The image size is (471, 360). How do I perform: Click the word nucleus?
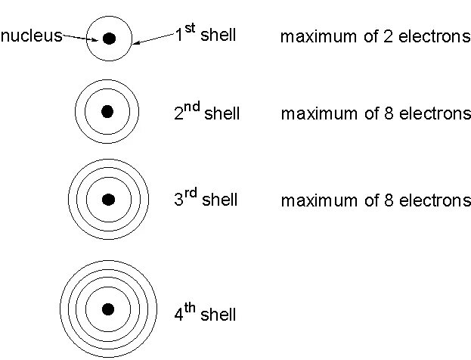click(x=31, y=36)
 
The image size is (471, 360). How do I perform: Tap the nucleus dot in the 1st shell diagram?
click(x=110, y=38)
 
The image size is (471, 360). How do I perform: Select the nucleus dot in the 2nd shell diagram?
click(x=107, y=112)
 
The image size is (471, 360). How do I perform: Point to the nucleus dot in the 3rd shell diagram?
click(x=108, y=200)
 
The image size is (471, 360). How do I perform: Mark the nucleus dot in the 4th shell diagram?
click(x=108, y=308)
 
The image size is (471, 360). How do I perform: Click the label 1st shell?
click(x=205, y=35)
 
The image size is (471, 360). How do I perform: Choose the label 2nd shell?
click(x=206, y=113)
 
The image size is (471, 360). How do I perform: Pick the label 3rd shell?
click(x=206, y=200)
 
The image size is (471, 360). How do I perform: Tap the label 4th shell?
click(x=205, y=313)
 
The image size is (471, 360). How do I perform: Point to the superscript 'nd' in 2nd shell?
click(x=192, y=107)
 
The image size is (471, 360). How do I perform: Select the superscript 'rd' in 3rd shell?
click(x=191, y=194)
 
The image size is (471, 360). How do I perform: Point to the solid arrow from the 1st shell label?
click(x=153, y=39)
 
